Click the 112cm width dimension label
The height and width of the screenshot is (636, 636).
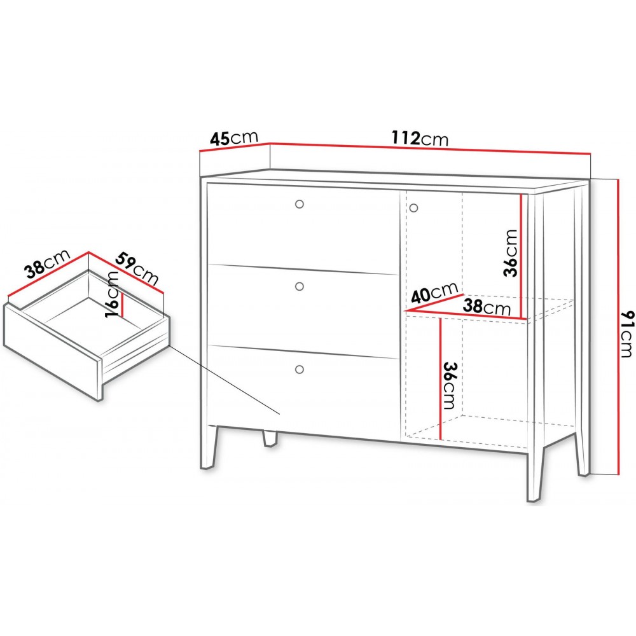(420, 138)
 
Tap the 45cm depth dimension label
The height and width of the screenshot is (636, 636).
(234, 138)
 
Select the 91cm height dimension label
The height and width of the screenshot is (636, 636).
(626, 334)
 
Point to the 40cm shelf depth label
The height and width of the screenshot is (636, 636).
(434, 292)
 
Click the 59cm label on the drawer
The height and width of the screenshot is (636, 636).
(137, 268)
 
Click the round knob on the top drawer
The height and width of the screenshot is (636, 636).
(300, 204)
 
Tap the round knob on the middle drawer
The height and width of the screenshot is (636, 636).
(300, 287)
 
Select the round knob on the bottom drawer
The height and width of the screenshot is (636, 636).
(300, 370)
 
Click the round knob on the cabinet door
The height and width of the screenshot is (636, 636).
(413, 209)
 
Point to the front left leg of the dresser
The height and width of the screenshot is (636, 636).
(209, 446)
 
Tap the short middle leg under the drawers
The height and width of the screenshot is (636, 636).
(270, 438)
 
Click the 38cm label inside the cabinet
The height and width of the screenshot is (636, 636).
(487, 307)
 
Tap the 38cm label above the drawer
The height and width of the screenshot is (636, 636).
(48, 265)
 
